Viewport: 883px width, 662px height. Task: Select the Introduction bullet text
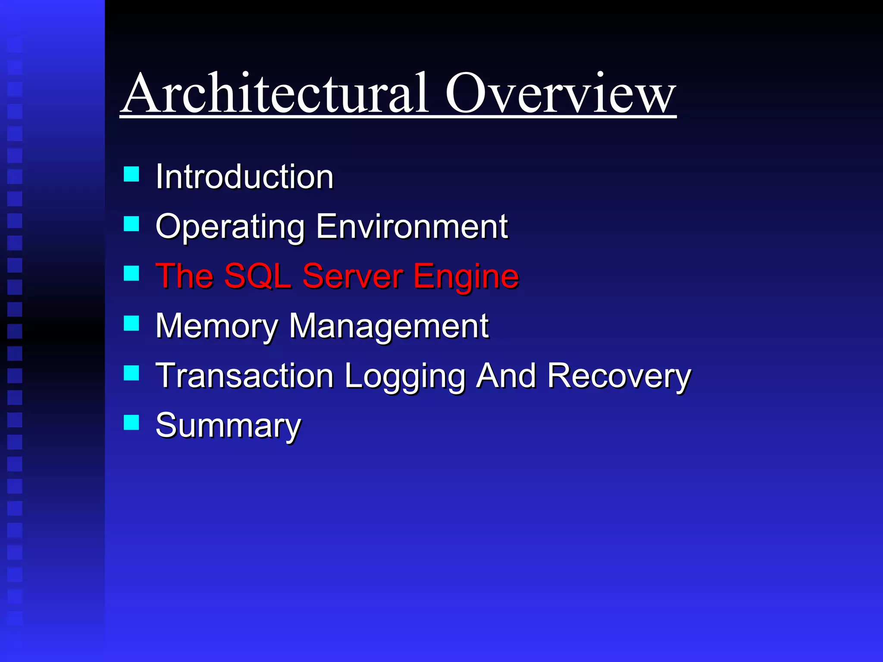(244, 177)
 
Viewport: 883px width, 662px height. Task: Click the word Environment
(411, 226)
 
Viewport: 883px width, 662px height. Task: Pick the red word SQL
(257, 276)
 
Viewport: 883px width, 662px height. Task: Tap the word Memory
(216, 327)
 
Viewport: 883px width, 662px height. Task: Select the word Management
(388, 327)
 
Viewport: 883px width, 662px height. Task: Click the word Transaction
(244, 376)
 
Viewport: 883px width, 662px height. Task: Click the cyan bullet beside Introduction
(132, 175)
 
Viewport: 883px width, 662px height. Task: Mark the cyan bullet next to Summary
(132, 423)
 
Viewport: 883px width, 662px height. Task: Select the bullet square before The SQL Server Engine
(132, 274)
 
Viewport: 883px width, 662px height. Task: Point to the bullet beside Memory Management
(132, 323)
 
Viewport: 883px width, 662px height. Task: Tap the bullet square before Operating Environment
(132, 224)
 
